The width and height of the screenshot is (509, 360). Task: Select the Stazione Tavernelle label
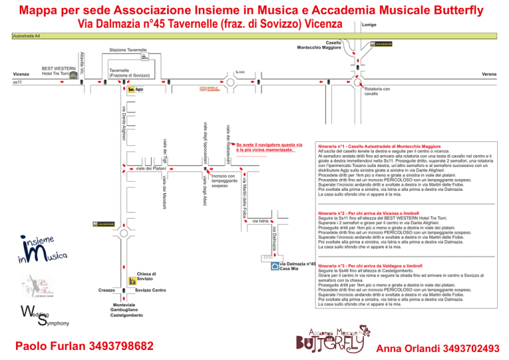[x=128, y=50]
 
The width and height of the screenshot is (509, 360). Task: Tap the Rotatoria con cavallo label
[x=377, y=91]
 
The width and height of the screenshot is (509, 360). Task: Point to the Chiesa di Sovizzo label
[x=146, y=276]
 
